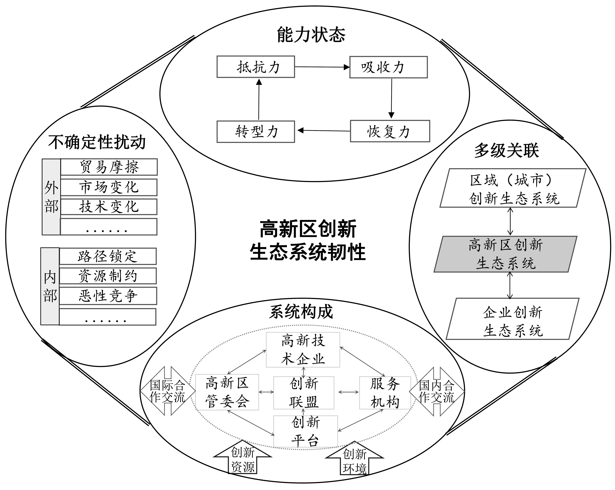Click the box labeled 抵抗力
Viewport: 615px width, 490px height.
pos(256,67)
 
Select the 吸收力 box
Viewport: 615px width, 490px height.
pos(388,67)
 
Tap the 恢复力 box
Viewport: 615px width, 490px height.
pos(390,131)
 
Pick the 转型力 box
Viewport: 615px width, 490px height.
pos(256,131)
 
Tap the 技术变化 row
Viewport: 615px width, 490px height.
pos(109,207)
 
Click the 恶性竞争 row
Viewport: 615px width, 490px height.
pos(108,296)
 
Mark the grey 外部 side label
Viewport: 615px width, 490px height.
pos(51,197)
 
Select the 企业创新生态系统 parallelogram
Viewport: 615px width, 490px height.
pos(513,319)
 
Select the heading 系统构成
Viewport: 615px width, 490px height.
pos(301,312)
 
